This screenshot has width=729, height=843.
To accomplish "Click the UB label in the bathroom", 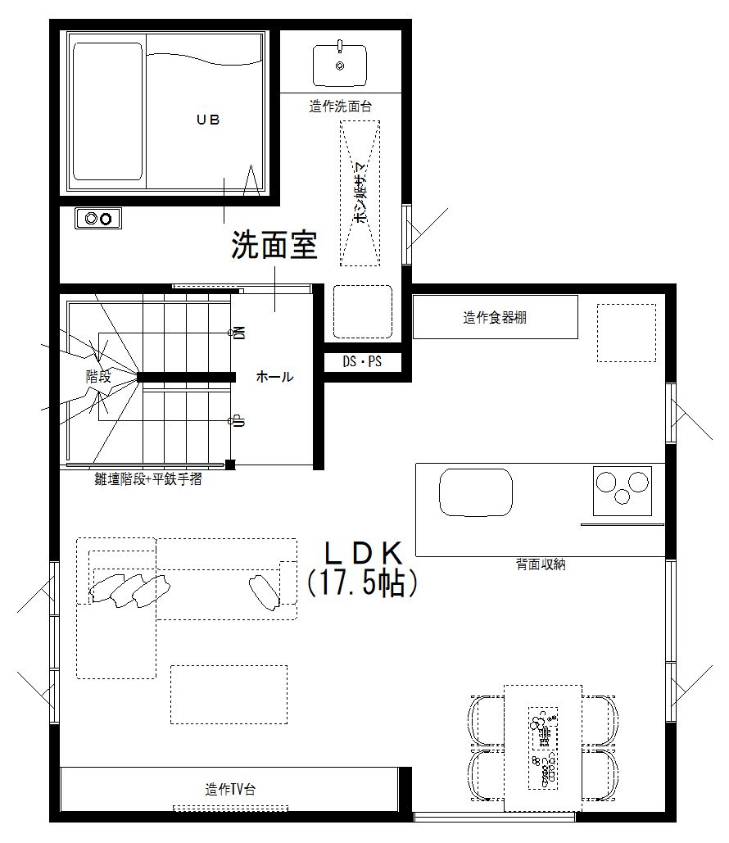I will pyautogui.click(x=208, y=120).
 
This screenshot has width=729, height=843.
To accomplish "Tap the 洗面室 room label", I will pyautogui.click(x=274, y=245).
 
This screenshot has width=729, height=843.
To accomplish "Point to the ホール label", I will pyautogui.click(x=274, y=377).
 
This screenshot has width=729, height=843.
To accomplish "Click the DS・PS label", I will pyautogui.click(x=362, y=360).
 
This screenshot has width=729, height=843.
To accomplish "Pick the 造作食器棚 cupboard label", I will pyautogui.click(x=495, y=318).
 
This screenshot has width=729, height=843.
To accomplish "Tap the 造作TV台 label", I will pyautogui.click(x=230, y=790).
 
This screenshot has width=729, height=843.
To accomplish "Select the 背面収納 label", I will pyautogui.click(x=541, y=564).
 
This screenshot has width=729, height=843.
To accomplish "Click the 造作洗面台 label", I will pyautogui.click(x=341, y=106).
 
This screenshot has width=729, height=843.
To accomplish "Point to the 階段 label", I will pyautogui.click(x=98, y=377).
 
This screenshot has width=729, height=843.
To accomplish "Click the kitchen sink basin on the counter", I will pyautogui.click(x=477, y=492).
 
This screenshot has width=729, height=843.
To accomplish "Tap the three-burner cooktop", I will pyautogui.click(x=622, y=490).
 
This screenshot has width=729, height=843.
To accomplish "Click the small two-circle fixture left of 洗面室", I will pyautogui.click(x=98, y=218).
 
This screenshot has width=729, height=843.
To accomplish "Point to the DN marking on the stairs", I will pyautogui.click(x=239, y=333).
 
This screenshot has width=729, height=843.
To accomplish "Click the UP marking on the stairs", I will pyautogui.click(x=239, y=420).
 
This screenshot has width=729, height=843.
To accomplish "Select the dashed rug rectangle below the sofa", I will pyautogui.click(x=229, y=694).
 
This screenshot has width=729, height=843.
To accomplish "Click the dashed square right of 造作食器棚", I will pyautogui.click(x=626, y=332).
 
